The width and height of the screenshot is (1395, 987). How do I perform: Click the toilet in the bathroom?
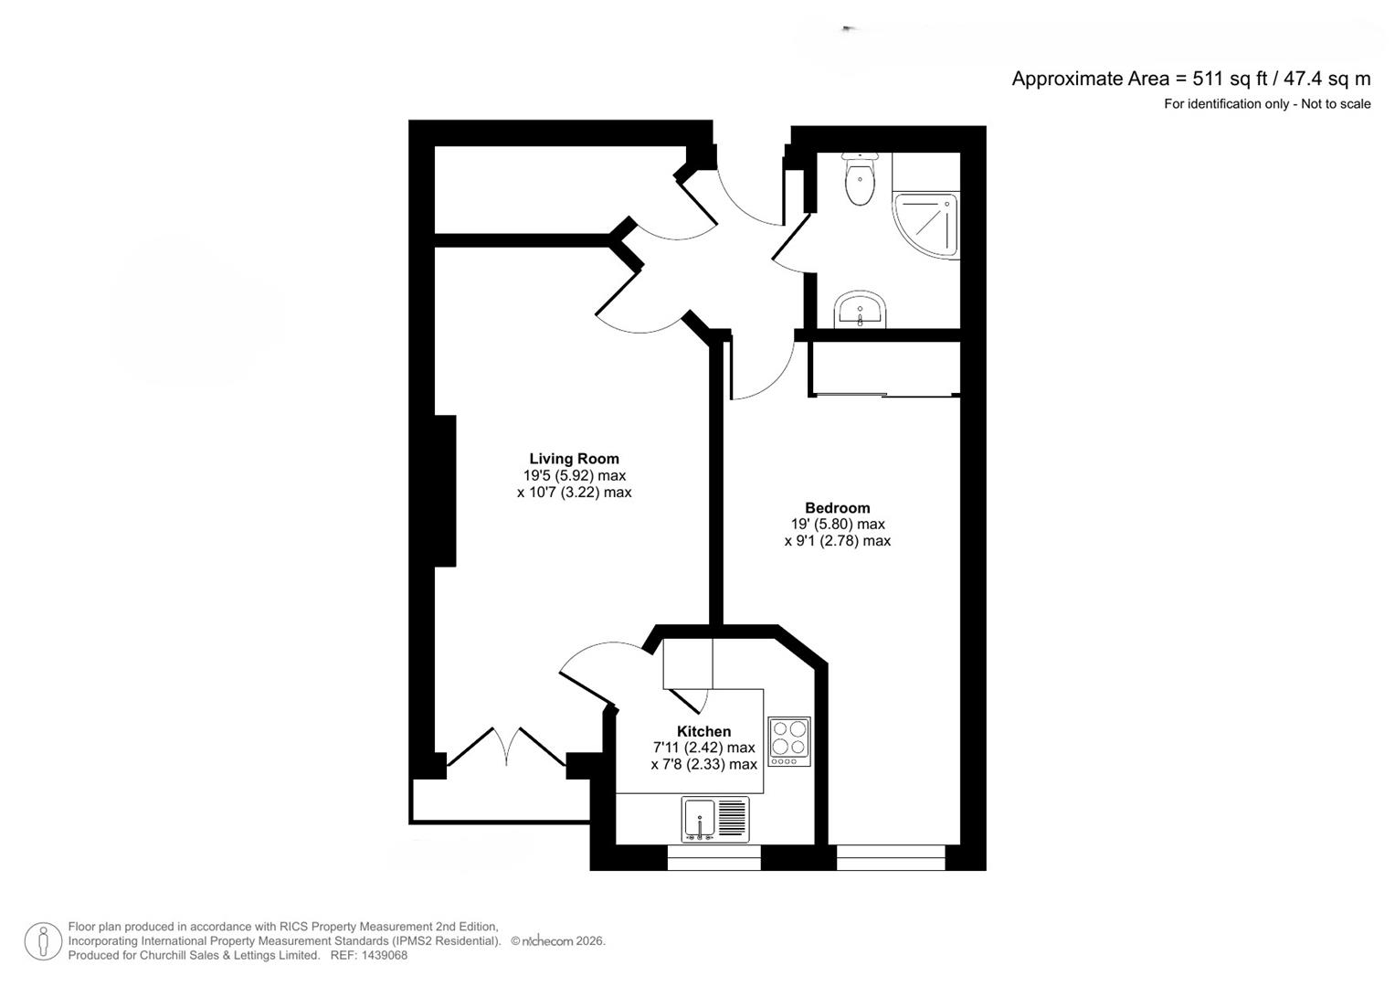860,180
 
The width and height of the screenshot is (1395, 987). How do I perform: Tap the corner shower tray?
928,224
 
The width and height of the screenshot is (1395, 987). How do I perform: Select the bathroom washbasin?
860,310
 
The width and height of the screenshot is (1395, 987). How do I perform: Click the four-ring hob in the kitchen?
789,740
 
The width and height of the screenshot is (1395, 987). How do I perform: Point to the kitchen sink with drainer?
714,819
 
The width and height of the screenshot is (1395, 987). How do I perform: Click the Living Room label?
574,459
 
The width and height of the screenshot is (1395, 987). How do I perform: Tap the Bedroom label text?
837,508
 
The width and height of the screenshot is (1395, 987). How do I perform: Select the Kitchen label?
703,731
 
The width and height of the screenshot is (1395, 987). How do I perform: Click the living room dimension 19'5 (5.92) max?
574,475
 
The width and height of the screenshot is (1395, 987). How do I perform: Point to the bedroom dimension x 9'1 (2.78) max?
837,541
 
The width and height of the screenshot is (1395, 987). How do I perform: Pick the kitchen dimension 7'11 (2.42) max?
703,748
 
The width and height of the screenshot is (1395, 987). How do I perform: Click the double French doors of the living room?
507,748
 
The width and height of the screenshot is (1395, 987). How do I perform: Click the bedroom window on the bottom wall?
891,857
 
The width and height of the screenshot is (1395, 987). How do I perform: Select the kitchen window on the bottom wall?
713,857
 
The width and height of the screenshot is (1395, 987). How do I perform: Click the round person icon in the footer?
42,941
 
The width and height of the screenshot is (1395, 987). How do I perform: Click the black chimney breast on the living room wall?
445,491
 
